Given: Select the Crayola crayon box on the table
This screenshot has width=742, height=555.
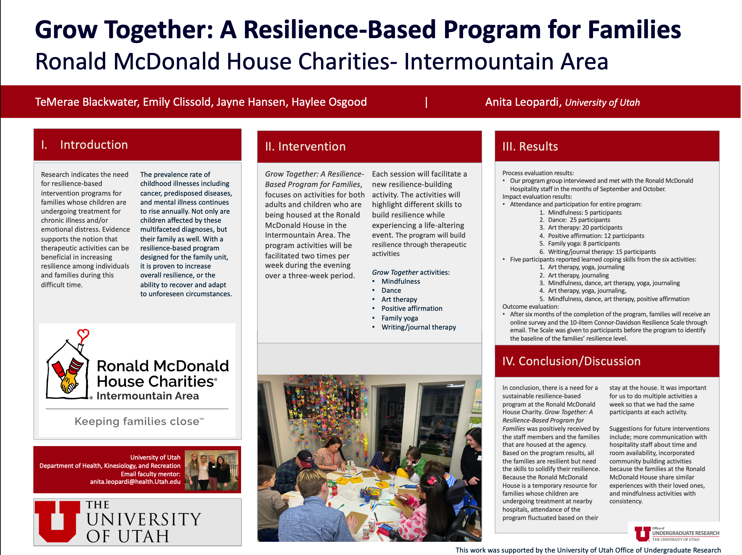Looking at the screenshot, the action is coord(374,492).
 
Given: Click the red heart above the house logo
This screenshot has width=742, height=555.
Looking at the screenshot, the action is coord(83,334).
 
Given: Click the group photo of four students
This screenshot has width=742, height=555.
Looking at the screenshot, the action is coord(211,470).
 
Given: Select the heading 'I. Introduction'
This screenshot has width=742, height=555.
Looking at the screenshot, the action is coord(84,145).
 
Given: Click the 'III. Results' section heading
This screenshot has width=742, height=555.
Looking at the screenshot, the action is coord(530,146).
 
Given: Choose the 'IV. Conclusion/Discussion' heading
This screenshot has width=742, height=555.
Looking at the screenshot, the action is coord(571,361).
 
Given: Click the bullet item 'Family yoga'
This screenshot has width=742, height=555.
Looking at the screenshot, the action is coord(399,318).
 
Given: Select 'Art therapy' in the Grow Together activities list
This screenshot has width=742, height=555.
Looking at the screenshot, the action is coord(399,299).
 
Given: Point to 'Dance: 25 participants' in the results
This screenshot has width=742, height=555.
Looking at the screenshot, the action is coord(579,220).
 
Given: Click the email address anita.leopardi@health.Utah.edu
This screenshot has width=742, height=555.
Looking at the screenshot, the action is coord(135,481).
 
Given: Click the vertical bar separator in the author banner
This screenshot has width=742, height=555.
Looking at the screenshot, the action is coord(426,102).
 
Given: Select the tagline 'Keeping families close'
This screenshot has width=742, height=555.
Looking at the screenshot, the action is coord(139,421).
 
